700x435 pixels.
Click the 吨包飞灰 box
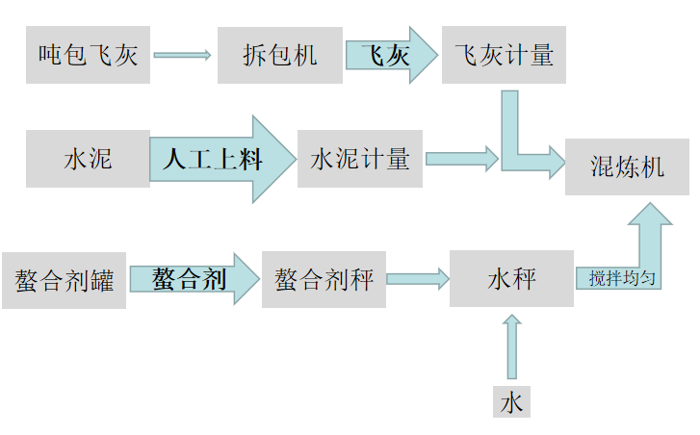point(88,55)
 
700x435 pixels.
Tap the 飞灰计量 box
point(504,55)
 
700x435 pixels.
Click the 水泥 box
point(88,159)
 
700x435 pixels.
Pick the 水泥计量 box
point(360,159)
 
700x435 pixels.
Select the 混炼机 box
point(627,166)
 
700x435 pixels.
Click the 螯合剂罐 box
point(64,281)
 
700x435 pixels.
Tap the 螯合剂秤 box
point(324,280)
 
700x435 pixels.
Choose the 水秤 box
point(511,279)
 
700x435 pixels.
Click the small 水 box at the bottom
point(511,401)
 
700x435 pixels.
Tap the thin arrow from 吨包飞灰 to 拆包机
point(182,55)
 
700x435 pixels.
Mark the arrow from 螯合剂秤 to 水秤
point(418,280)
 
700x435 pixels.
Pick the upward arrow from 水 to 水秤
point(511,348)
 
